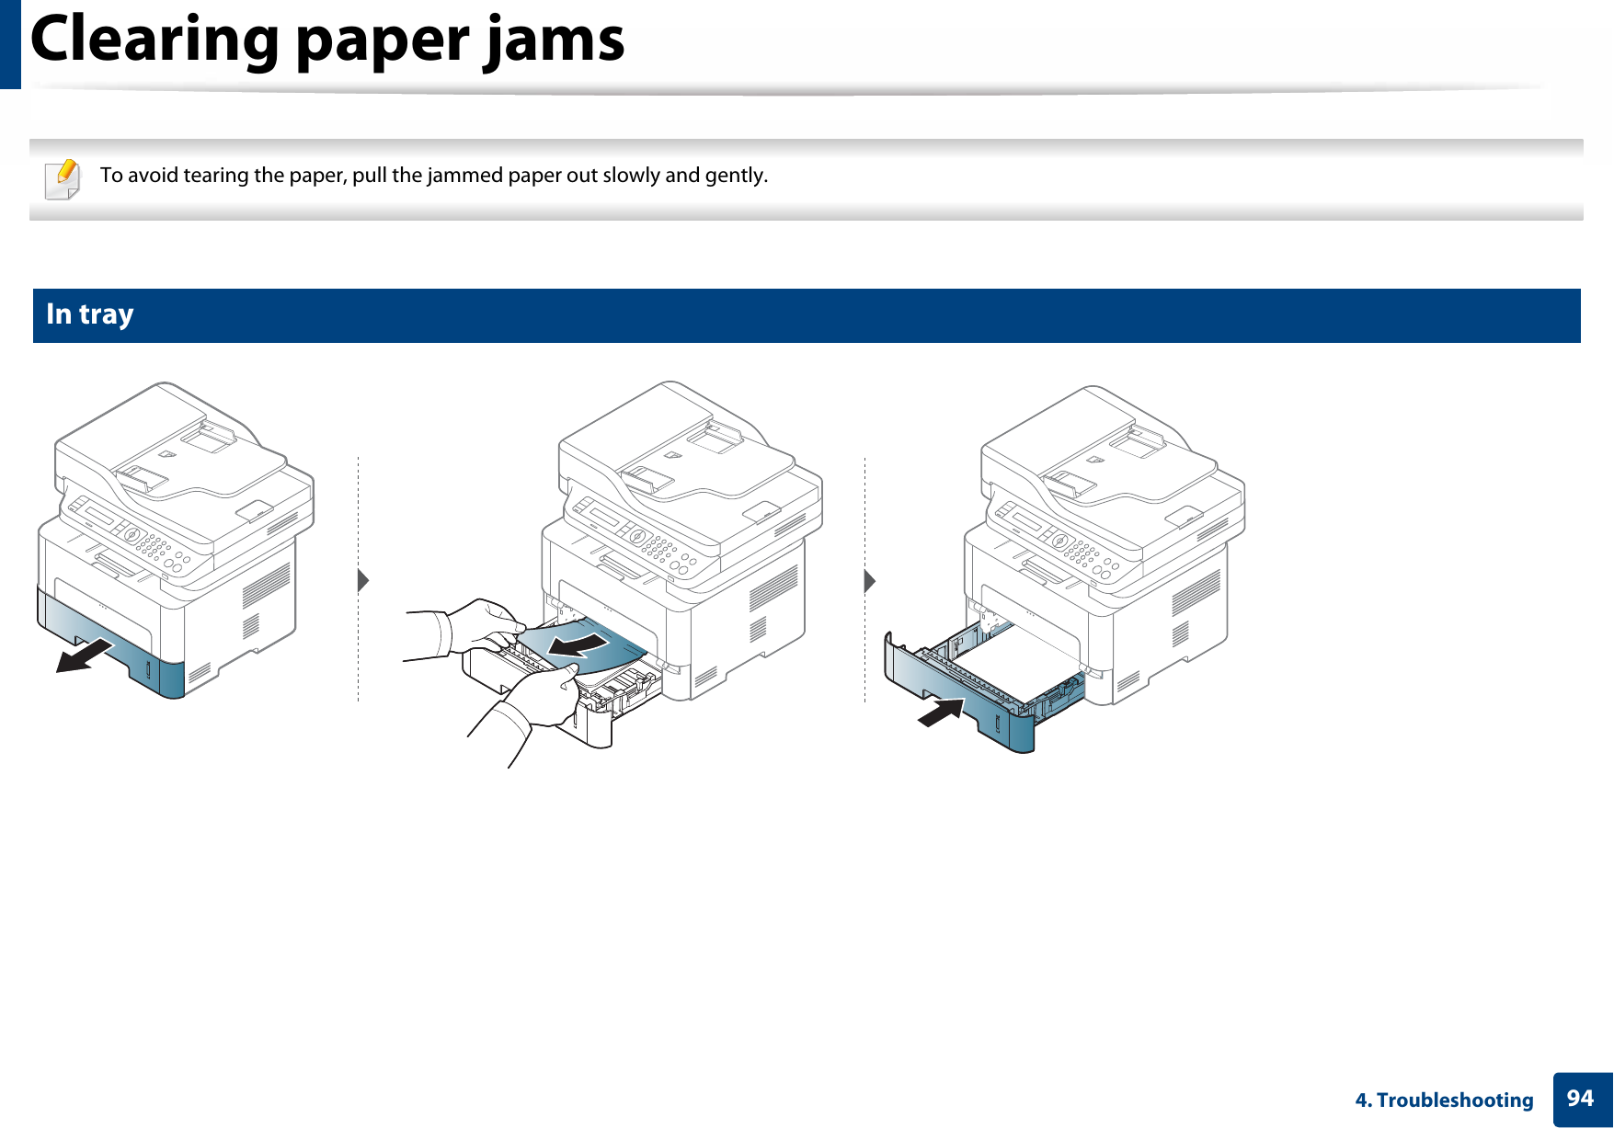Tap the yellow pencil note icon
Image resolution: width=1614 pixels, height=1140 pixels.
point(63,178)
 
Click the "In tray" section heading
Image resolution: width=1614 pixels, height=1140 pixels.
point(90,314)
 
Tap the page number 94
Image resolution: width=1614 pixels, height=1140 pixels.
point(1580,1099)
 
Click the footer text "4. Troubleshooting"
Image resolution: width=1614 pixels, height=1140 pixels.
point(1444,1100)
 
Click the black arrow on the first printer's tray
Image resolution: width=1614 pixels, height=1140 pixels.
point(84,656)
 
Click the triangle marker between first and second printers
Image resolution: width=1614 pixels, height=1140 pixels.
point(363,580)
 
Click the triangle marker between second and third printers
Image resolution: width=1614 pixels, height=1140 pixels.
point(869,580)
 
